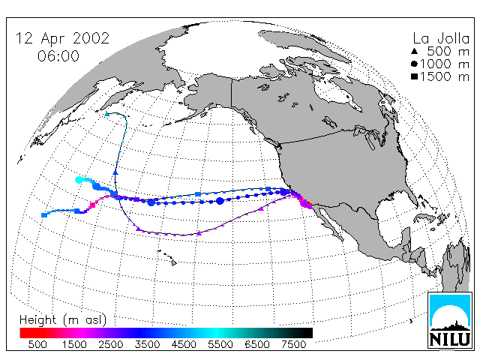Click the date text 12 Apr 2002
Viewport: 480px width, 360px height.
(x=62, y=38)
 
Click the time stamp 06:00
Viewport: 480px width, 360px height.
(x=58, y=56)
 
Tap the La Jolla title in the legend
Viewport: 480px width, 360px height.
(x=441, y=38)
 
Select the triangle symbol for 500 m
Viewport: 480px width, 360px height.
(x=415, y=52)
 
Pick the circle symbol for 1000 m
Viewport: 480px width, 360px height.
(x=415, y=64)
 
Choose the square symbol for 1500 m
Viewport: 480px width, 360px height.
(x=415, y=76)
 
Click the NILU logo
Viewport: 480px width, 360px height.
(x=450, y=320)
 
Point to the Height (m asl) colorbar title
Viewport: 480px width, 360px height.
(x=63, y=320)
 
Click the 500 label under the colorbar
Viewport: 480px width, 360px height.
(x=37, y=345)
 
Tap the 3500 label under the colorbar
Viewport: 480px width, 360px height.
(x=147, y=345)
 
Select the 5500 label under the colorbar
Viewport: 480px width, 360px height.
(x=220, y=345)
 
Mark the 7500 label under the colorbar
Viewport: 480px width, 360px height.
(x=293, y=345)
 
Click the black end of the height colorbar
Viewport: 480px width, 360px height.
(x=310, y=333)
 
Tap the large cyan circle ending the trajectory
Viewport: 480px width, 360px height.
(x=79, y=180)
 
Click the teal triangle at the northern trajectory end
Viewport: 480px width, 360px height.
(x=106, y=114)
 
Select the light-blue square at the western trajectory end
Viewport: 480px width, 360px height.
(x=44, y=215)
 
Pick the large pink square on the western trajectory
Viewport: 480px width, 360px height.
(x=92, y=205)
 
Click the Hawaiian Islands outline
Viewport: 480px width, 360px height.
(x=167, y=257)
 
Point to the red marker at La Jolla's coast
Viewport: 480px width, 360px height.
(x=310, y=205)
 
